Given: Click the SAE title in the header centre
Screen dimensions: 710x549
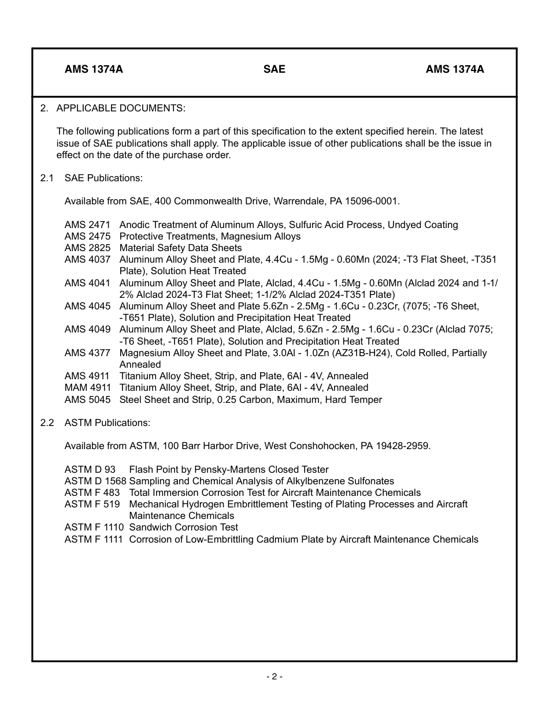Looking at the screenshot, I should point(274,69).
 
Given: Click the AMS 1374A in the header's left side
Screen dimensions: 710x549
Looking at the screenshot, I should point(94,69).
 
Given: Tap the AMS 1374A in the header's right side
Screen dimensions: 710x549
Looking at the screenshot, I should point(455,69).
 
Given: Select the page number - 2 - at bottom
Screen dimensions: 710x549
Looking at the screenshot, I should point(274,677).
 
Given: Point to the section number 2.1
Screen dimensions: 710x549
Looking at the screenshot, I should point(46,178).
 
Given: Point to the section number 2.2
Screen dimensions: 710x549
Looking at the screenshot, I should point(46,423).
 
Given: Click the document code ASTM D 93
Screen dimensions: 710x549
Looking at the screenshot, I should point(90,469).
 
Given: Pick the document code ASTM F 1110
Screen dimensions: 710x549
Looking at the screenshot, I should point(94,527).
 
